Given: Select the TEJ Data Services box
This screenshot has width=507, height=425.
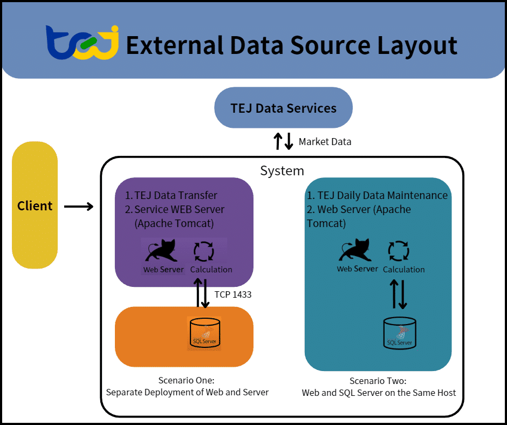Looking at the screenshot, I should [283, 108].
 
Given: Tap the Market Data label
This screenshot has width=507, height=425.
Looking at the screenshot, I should [325, 142].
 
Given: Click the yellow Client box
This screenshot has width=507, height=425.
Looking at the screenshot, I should [35, 205].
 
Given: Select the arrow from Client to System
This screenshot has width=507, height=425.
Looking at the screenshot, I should [78, 206].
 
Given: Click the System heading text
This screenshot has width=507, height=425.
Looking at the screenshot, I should [282, 171].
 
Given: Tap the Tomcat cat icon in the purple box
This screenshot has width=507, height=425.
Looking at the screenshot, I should [163, 251].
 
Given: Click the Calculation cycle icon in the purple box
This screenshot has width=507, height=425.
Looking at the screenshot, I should [204, 251].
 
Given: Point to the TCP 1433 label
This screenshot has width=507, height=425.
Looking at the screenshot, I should [233, 294].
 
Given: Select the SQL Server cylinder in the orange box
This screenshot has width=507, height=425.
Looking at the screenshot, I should [204, 332].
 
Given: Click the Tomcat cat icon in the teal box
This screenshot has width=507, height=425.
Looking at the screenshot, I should [357, 251].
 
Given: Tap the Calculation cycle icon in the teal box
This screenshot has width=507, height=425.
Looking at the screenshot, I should [399, 251].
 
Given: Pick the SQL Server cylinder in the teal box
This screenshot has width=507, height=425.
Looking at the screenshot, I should [400, 332].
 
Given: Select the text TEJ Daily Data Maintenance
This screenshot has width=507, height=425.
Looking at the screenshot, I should [382, 195].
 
